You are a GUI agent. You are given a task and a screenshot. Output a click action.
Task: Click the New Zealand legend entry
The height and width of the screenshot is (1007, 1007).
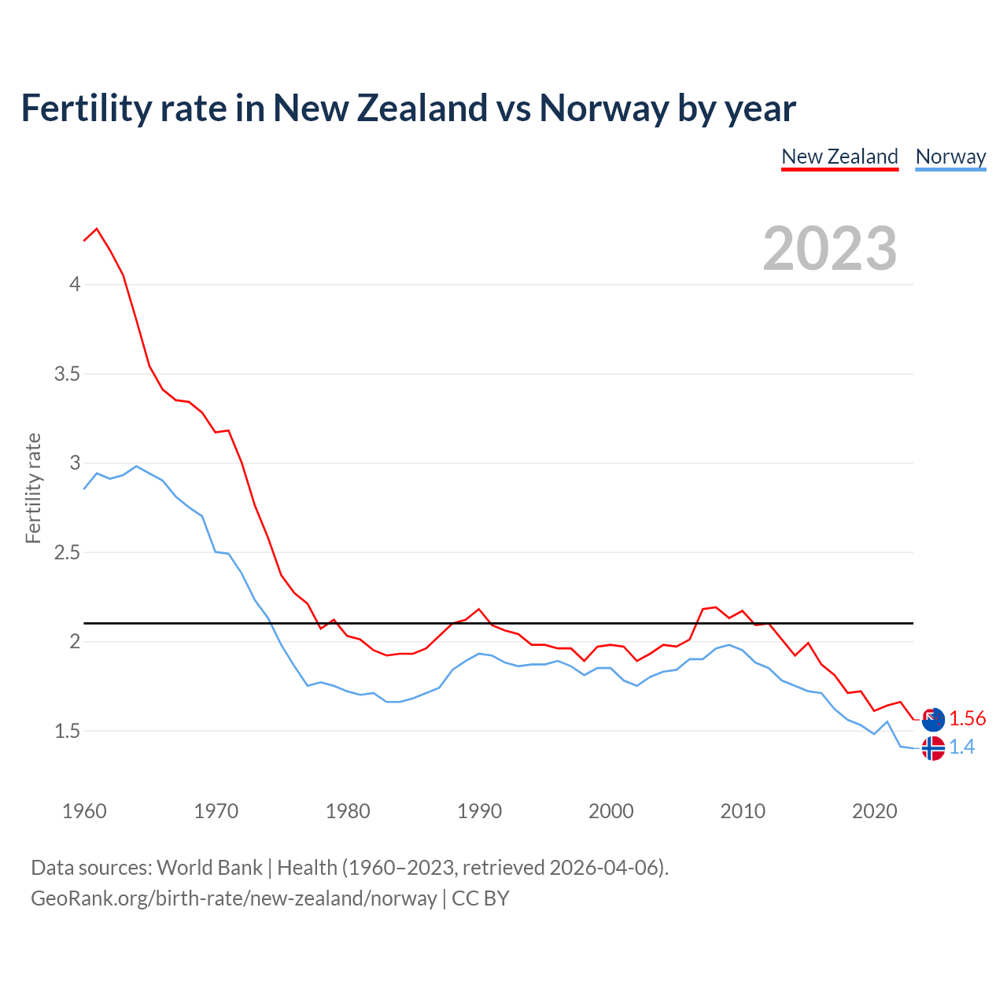click(x=839, y=157)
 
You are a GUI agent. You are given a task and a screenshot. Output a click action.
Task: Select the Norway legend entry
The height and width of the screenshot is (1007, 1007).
click(x=950, y=157)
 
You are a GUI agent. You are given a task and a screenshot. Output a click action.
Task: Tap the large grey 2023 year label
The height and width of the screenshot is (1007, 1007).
click(x=830, y=249)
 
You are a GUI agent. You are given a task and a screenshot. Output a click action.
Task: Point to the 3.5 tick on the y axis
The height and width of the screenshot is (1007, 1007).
click(x=68, y=374)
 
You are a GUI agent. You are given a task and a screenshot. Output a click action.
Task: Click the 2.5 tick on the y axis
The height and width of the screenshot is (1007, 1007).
click(x=68, y=552)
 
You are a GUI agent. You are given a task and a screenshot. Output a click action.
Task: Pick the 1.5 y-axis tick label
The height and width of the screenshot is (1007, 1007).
click(x=68, y=731)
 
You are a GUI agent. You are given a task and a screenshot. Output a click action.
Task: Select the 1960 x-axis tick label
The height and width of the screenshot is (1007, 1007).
click(x=84, y=811)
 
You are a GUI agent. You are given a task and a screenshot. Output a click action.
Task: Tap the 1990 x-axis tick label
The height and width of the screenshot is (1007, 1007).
click(x=479, y=811)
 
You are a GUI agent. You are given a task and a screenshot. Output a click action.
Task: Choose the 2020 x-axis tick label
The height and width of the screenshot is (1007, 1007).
click(x=874, y=811)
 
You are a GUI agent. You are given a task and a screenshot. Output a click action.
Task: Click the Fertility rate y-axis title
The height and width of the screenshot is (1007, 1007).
click(x=33, y=488)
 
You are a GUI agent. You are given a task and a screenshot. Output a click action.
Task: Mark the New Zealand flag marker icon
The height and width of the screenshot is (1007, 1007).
click(x=933, y=719)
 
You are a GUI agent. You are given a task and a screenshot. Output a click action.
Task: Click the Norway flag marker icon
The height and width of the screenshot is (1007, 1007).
click(x=933, y=748)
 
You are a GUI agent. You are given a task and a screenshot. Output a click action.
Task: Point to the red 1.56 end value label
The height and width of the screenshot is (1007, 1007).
click(x=967, y=718)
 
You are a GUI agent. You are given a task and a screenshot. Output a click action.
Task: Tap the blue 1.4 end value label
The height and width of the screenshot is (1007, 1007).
click(x=961, y=747)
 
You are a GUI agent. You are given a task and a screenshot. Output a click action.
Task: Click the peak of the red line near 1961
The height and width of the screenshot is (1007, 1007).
click(x=97, y=229)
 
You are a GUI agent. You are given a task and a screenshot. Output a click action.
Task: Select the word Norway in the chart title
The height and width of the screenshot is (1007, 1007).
click(x=604, y=108)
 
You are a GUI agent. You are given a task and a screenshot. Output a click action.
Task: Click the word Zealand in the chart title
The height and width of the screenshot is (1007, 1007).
click(x=422, y=108)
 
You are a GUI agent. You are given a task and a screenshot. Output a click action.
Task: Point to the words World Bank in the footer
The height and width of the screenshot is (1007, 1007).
click(x=209, y=868)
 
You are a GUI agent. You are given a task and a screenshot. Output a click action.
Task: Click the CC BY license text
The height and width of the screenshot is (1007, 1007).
click(x=481, y=898)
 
